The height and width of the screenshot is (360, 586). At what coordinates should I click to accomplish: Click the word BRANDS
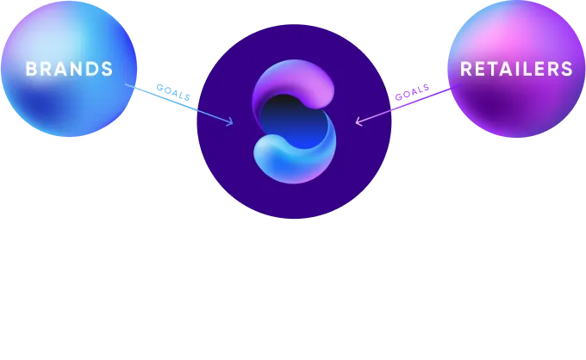pos(69,69)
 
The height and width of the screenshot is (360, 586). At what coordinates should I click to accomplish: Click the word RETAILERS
pos(516,69)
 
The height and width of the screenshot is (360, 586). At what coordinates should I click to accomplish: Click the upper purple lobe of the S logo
pos(297,83)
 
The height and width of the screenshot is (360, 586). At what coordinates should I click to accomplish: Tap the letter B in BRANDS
pos(31,69)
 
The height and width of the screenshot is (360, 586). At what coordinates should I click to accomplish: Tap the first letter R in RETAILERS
pos(465,69)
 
